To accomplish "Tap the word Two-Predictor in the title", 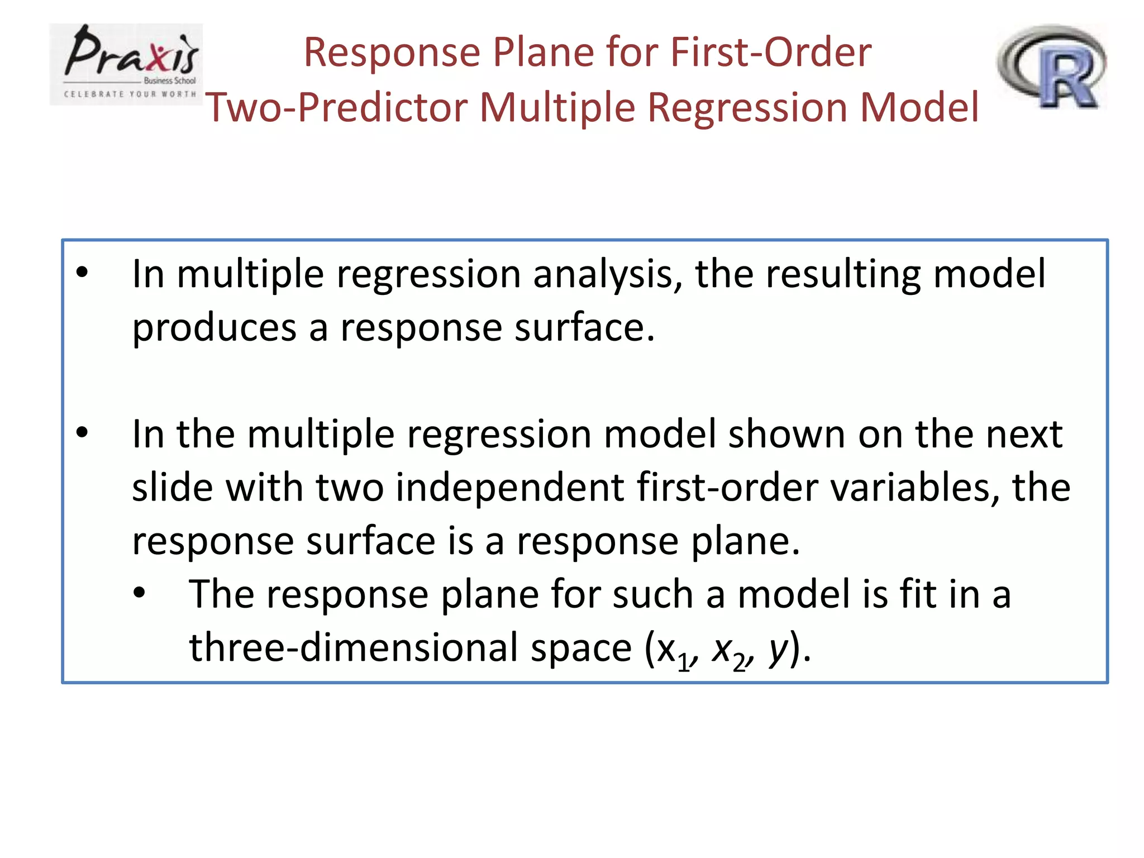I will [x=336, y=107].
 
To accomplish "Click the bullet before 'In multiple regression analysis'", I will [x=82, y=273].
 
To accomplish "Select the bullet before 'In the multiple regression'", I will [x=82, y=432].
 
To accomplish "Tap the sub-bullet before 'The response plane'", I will [x=139, y=592].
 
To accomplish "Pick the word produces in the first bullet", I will [x=214, y=328].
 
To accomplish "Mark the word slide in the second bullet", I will [x=172, y=487].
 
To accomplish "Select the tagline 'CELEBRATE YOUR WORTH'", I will [x=130, y=94].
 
